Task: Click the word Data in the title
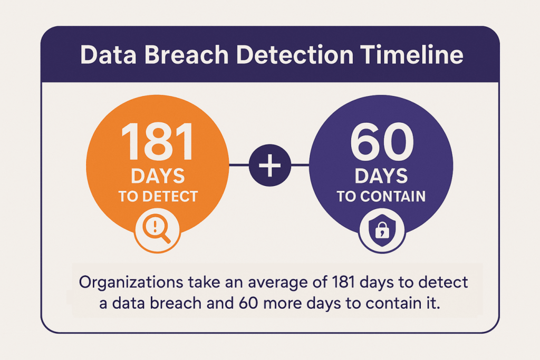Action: point(108,55)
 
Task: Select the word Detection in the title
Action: point(295,55)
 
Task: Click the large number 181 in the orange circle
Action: point(158,141)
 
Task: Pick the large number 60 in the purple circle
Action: point(382,141)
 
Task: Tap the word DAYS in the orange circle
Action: point(158,176)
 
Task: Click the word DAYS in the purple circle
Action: point(381,176)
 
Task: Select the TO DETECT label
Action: point(158,196)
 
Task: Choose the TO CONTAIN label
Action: point(381,196)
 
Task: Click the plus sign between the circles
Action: point(269,165)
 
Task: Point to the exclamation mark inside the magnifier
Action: point(155,226)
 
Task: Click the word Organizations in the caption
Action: point(131,283)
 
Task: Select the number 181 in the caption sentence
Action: point(343,282)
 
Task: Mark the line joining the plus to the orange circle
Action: point(239,165)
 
